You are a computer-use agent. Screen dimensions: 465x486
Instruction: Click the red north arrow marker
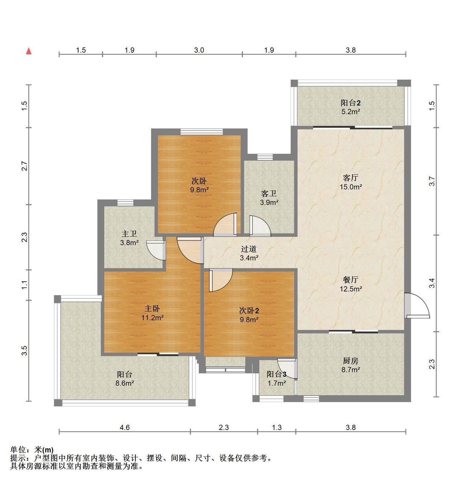click(x=29, y=51)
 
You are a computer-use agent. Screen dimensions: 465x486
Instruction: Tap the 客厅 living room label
click(x=351, y=177)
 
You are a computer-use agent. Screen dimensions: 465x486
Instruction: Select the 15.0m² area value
click(x=351, y=186)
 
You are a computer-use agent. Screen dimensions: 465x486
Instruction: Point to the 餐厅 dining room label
click(x=351, y=280)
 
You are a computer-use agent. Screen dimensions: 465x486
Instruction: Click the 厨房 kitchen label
click(x=351, y=361)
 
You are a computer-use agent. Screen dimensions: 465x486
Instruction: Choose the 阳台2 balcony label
click(x=351, y=103)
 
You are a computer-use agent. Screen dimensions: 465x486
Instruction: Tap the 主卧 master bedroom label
click(x=152, y=309)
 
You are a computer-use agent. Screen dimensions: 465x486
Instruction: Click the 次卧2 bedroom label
click(x=249, y=310)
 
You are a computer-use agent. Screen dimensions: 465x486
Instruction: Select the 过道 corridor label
click(x=249, y=249)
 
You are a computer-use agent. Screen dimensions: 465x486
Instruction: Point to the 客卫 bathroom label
click(x=269, y=193)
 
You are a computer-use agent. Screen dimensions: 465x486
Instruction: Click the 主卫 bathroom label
click(x=129, y=233)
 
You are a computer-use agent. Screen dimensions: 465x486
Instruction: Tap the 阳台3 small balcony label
click(x=276, y=374)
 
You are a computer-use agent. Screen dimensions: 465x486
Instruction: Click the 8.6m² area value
click(x=125, y=383)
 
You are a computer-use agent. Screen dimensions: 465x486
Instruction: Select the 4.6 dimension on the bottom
click(x=125, y=427)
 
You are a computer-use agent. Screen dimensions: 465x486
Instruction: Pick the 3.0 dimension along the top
click(x=199, y=50)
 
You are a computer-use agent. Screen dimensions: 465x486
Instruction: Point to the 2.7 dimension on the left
click(x=24, y=166)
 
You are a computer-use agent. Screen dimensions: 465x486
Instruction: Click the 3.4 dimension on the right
click(x=432, y=283)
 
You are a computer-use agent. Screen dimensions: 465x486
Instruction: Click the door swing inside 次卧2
click(x=221, y=280)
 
